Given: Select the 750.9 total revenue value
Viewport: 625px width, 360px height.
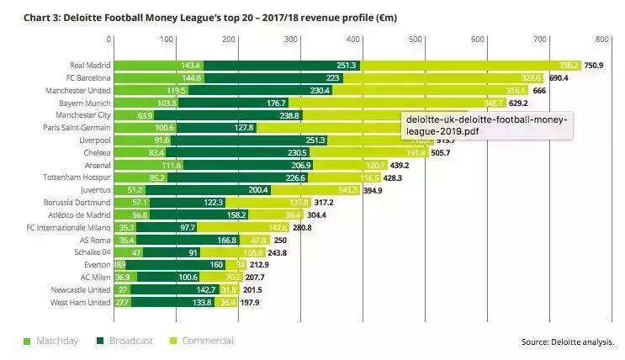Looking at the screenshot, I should tap(595, 65).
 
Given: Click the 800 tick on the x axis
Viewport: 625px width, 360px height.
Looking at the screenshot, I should tap(601, 39).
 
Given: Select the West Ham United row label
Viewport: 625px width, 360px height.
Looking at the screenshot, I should tap(78, 302).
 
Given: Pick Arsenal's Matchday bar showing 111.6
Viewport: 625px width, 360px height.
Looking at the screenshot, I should tap(148, 165).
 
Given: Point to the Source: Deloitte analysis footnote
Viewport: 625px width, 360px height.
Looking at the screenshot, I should tap(568, 341).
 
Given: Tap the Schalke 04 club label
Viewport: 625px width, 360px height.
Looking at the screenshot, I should tap(90, 252).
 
